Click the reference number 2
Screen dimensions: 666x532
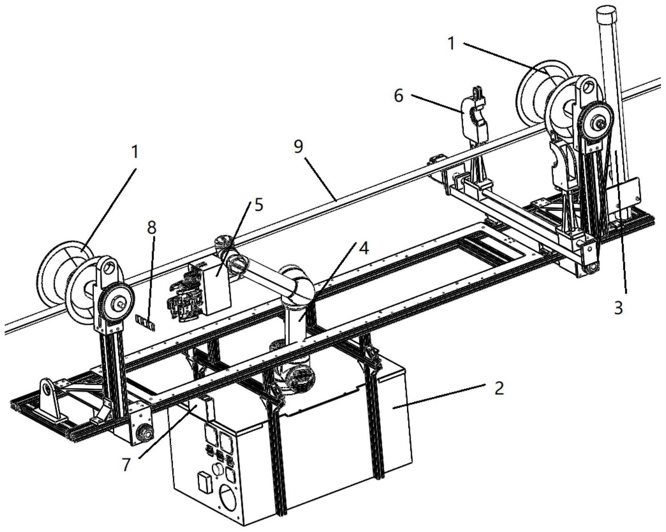pyautogui.click(x=498, y=388)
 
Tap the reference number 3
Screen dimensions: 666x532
pyautogui.click(x=618, y=308)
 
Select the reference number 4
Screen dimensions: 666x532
pyautogui.click(x=364, y=248)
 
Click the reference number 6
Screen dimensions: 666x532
pyautogui.click(x=398, y=95)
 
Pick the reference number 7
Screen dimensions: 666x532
pyautogui.click(x=126, y=464)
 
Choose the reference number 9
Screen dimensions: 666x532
pyautogui.click(x=298, y=146)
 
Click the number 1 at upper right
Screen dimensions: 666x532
pyautogui.click(x=451, y=43)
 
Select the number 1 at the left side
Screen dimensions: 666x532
pyautogui.click(x=135, y=152)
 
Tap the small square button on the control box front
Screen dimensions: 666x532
pyautogui.click(x=204, y=482)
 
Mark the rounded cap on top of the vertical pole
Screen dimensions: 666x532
pyautogui.click(x=606, y=14)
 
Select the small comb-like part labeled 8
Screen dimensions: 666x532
pyautogui.click(x=144, y=322)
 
